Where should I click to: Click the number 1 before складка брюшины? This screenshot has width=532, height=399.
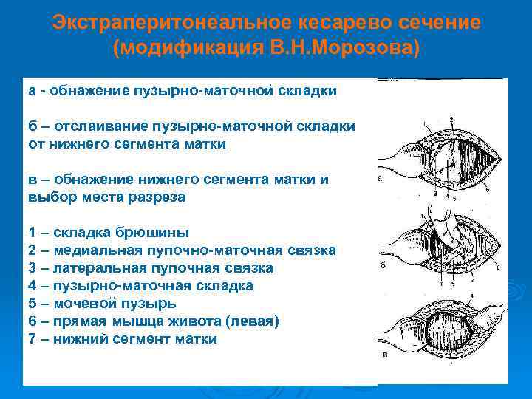click(x=32, y=233)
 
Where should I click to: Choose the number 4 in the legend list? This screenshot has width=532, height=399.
click(x=32, y=286)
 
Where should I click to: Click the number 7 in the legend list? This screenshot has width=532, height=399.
click(x=32, y=339)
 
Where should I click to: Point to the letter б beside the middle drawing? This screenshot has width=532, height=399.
click(x=383, y=267)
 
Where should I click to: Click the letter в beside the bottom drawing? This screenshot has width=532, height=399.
click(x=383, y=355)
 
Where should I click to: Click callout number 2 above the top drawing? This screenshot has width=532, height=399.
click(x=451, y=119)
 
